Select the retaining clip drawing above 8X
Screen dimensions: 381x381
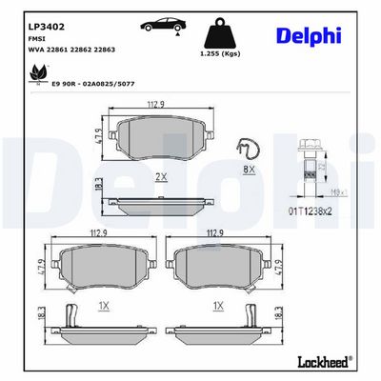249,150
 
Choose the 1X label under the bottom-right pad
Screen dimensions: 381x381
220,305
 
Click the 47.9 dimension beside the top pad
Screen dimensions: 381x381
99,140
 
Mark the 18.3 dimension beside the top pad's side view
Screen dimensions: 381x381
99,188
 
